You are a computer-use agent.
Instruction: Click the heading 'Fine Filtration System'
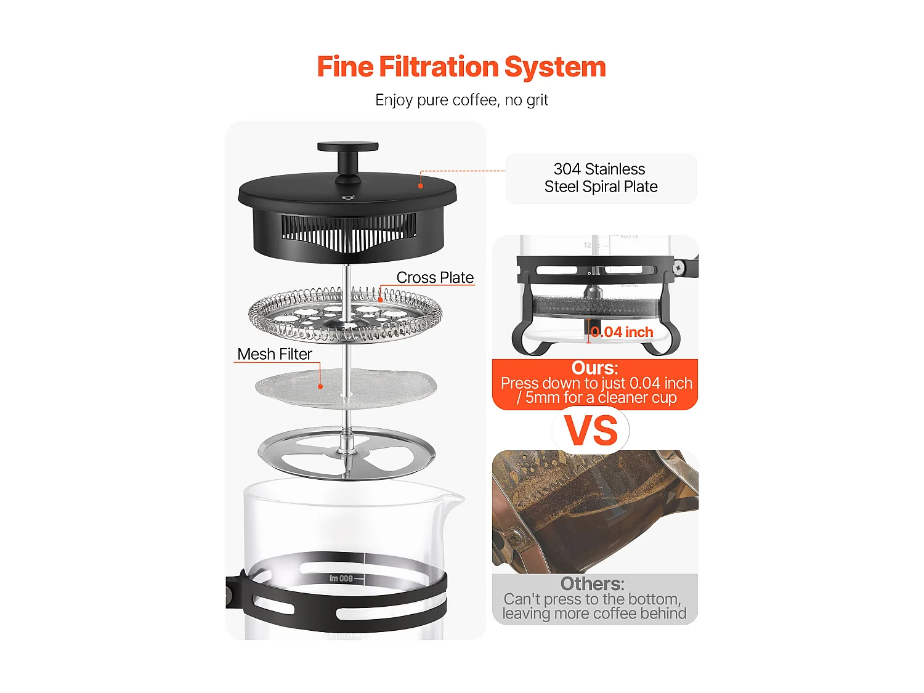click(x=461, y=67)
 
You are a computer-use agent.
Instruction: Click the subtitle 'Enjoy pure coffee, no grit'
click(x=461, y=100)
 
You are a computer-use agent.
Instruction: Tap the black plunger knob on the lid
click(x=347, y=147)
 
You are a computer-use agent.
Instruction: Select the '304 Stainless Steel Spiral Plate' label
click(x=601, y=178)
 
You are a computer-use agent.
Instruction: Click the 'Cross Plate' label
click(x=435, y=278)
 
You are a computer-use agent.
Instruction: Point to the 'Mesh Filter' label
click(x=275, y=354)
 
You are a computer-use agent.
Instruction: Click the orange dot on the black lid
click(x=421, y=185)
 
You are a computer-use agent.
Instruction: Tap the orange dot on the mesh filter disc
click(x=320, y=387)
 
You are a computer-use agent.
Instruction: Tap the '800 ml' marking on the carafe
click(x=341, y=578)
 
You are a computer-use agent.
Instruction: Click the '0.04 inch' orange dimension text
click(x=622, y=332)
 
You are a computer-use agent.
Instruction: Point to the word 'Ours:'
click(x=594, y=368)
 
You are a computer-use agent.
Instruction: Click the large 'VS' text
click(x=591, y=431)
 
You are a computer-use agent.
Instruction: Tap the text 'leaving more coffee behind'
click(x=594, y=614)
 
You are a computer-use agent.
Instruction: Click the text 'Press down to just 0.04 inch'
click(x=596, y=383)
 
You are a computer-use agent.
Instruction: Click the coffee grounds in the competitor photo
click(x=585, y=493)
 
